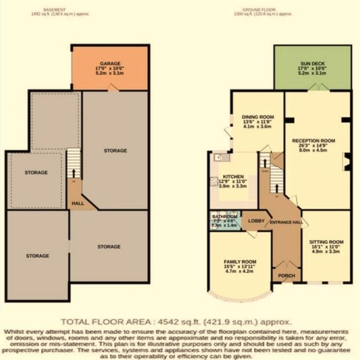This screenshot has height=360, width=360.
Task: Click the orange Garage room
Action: point(110,68)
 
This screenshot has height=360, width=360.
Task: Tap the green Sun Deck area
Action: point(312,68)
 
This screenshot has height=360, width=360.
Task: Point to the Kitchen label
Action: point(233,176)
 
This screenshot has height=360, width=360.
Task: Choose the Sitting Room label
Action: point(326,242)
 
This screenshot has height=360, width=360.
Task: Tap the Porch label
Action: point(286,276)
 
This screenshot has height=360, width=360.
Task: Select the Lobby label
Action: point(256,221)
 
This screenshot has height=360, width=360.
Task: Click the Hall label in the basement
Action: point(78,202)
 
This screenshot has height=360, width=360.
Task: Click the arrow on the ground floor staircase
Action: point(276,188)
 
